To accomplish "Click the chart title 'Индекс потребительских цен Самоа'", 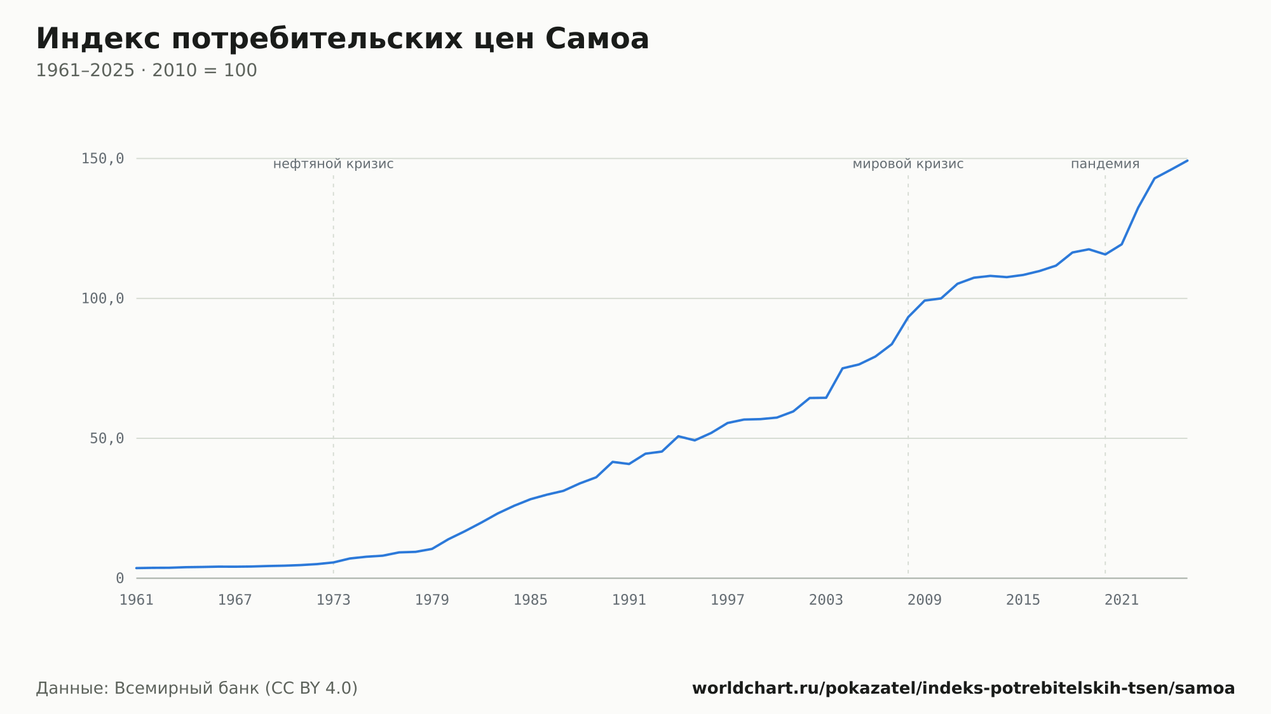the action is [343, 39].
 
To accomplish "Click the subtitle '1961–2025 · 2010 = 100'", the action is [146, 71].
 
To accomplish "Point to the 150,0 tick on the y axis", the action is [102, 159].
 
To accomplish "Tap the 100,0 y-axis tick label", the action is [102, 299].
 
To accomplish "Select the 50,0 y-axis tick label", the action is [107, 438].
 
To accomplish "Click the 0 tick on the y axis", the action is [120, 579].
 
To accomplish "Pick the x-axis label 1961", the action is [137, 600].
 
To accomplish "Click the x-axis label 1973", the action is [334, 600].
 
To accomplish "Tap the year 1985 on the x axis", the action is [531, 600].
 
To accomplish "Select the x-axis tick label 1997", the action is [728, 600].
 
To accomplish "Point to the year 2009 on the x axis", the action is [925, 600].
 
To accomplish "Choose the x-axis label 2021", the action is [1122, 600].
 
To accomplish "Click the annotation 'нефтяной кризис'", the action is [334, 165].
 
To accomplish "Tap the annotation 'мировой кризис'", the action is [908, 165].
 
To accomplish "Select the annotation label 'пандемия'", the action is [1105, 165].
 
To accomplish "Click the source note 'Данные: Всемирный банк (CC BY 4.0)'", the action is [197, 689].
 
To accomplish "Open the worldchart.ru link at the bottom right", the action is [963, 689].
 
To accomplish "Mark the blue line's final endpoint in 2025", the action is [1187, 161].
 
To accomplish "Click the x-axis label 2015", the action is [1023, 600].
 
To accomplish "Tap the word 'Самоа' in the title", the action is [597, 39].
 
